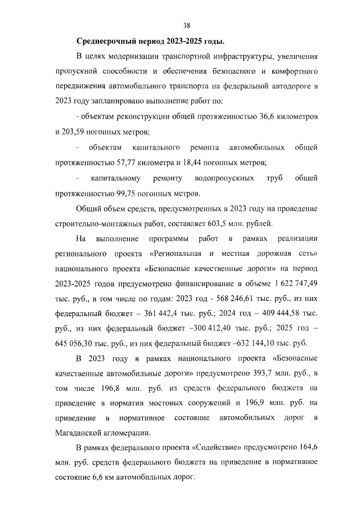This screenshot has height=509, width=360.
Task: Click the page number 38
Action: click(x=187, y=25)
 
